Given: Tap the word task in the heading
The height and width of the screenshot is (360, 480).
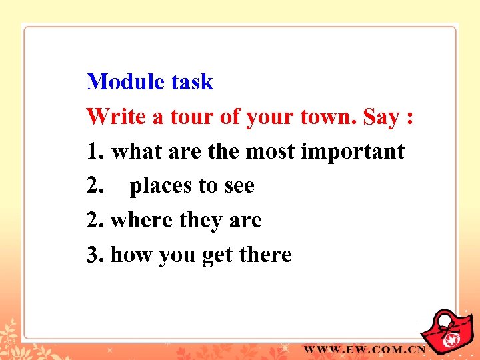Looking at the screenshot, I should [192, 82].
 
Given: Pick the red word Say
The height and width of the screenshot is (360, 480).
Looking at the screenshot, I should [381, 118].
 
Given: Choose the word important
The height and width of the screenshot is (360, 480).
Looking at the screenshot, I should [353, 152].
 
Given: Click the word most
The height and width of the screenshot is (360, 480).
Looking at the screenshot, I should [271, 151].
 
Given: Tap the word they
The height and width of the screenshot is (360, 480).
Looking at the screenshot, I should [203, 221].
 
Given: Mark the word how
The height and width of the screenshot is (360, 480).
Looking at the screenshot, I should [131, 255].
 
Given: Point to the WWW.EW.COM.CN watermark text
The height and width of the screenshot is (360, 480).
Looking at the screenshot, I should [365, 349].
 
